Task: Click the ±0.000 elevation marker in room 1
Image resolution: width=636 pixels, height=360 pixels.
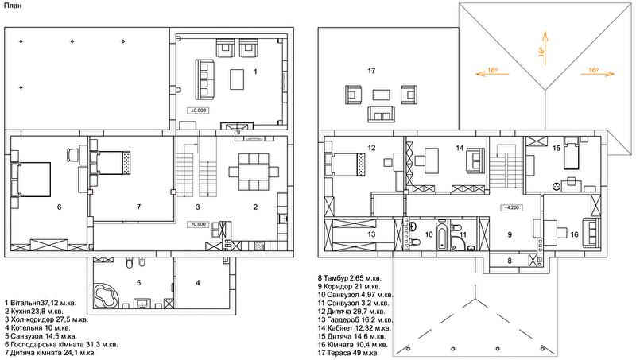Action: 198,110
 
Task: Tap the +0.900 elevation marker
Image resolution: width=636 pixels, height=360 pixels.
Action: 198,224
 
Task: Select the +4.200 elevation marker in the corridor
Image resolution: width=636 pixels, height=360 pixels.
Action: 512,207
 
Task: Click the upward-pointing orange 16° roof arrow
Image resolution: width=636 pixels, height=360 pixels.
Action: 545,48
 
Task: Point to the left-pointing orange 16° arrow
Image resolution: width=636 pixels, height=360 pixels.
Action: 491,73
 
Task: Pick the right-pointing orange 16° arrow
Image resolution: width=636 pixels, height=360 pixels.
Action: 599,73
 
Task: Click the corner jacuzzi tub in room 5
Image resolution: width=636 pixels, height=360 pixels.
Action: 106,296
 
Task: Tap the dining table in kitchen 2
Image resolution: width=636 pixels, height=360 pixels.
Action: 254,172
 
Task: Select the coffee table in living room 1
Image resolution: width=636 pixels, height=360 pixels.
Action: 237,79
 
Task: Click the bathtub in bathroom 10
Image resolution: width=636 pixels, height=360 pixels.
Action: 441,236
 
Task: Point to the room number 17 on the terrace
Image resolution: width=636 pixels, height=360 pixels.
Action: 371,71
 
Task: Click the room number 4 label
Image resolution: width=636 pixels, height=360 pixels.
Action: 198,283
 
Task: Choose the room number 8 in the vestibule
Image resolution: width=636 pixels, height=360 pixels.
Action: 510,261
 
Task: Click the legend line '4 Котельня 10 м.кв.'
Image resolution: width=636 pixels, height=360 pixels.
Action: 37,327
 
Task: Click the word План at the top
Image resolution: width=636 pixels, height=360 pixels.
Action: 14,6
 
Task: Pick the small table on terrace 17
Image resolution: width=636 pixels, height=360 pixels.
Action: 382,95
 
